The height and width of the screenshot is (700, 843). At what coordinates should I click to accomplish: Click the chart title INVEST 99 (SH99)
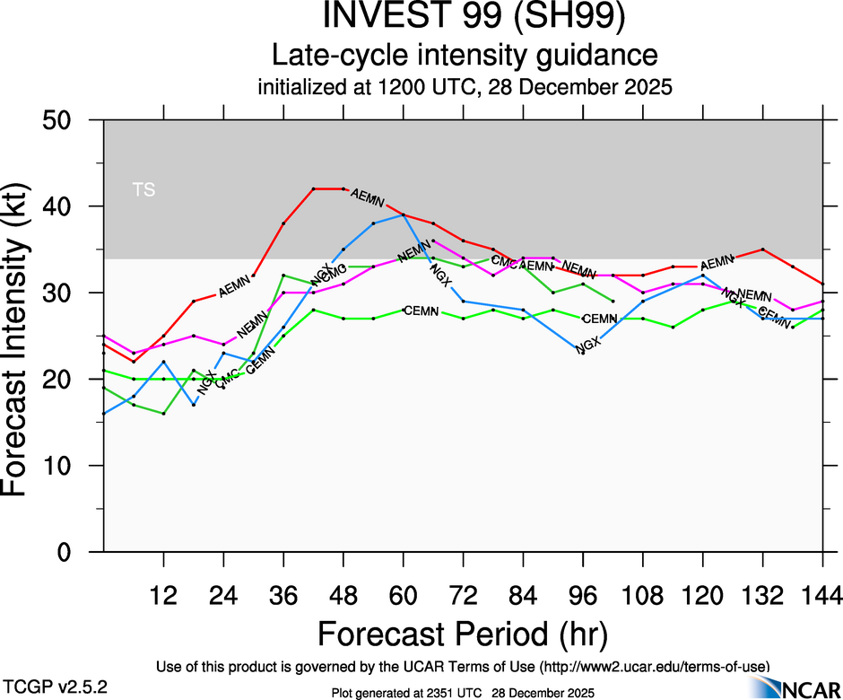(x=465, y=19)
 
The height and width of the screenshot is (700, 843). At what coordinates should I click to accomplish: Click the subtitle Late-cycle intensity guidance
(x=465, y=56)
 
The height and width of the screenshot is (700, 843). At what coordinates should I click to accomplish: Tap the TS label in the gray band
(x=143, y=189)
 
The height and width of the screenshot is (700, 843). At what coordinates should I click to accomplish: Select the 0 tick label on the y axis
(x=73, y=553)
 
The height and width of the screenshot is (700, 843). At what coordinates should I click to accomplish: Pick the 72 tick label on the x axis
(x=463, y=594)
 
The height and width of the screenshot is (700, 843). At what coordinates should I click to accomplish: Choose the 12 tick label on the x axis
(x=163, y=594)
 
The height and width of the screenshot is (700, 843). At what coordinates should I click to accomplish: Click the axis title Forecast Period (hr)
(x=464, y=634)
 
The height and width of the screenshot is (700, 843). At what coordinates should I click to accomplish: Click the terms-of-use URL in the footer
(x=654, y=666)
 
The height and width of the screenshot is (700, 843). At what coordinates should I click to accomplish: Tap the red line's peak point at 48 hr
(x=343, y=188)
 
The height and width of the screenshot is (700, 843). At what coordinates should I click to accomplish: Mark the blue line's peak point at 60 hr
(x=404, y=214)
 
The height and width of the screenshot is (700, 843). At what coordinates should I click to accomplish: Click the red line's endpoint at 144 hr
(x=822, y=284)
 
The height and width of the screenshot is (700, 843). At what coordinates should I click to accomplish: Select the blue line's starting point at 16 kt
(x=104, y=414)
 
